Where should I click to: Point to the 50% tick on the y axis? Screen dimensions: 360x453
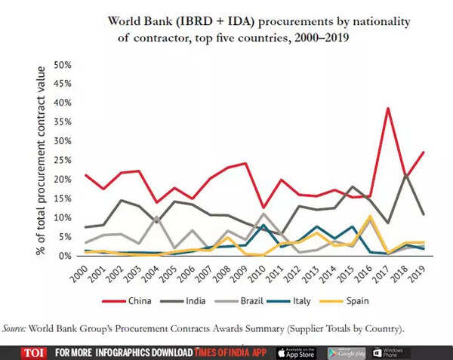coord(63,64)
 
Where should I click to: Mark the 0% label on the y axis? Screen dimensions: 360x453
coord(65,256)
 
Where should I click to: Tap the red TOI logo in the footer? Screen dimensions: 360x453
coord(32,352)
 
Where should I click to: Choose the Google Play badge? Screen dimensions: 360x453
coord(345,352)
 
